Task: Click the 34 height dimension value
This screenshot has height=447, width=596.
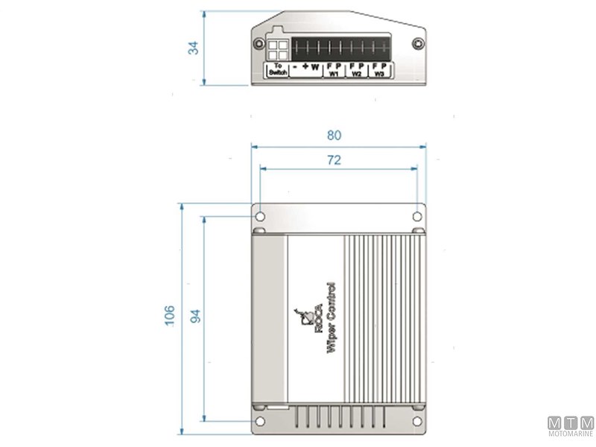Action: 193,48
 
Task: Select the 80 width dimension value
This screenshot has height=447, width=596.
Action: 335,136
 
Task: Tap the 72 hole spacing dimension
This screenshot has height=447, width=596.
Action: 335,160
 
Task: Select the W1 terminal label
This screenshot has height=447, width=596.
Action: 334,74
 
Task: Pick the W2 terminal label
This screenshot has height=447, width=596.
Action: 357,74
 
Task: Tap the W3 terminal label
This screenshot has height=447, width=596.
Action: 380,74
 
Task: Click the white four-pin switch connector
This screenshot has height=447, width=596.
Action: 277,49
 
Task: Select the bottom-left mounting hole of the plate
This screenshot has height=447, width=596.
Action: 260,422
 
